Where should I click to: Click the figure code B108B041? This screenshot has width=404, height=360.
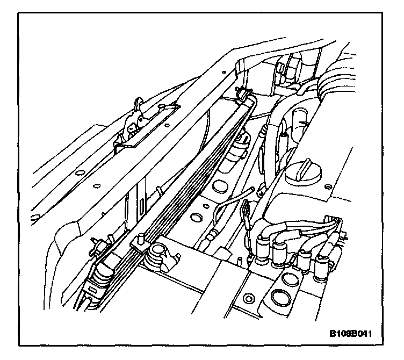351,334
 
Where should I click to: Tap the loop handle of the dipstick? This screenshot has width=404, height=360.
246,207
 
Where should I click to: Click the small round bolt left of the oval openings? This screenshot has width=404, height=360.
248,297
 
